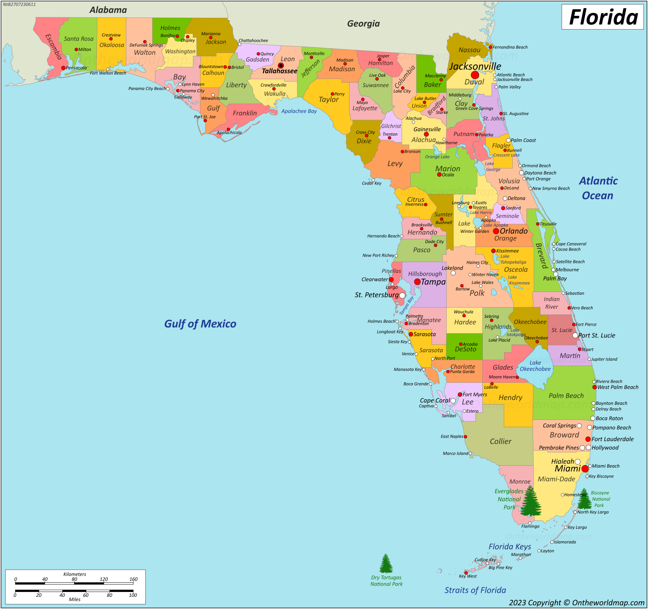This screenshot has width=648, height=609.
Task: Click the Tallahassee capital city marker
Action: [x=281, y=66]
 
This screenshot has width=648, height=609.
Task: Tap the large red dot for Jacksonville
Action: [x=475, y=75]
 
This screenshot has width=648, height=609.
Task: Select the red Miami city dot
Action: [x=585, y=469]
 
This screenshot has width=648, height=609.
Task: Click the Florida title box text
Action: [x=603, y=17]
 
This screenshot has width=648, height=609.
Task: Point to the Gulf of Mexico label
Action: [x=200, y=324]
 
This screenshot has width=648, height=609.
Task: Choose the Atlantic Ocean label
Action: [x=598, y=188]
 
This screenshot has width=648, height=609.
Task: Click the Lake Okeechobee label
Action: [x=535, y=366]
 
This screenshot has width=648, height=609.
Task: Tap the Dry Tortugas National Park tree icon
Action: [x=386, y=564]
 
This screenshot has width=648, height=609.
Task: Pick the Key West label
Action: [x=468, y=576]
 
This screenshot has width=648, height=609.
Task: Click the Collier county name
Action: [x=501, y=441]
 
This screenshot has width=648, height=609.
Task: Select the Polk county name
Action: [x=477, y=293]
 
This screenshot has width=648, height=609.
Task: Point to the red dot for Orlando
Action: [x=496, y=231]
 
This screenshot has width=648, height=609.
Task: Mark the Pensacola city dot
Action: [x=63, y=68]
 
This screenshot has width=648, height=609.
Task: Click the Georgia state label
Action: [x=363, y=23]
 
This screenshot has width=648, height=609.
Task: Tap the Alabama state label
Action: [x=108, y=10]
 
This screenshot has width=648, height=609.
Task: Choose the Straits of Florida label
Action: [x=475, y=590]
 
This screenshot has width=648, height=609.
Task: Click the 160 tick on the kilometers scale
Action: [x=133, y=579]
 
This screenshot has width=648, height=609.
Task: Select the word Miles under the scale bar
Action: [x=75, y=599]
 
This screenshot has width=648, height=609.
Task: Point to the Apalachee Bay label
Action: [x=299, y=111]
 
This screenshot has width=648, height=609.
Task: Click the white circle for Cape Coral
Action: [x=453, y=400]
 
